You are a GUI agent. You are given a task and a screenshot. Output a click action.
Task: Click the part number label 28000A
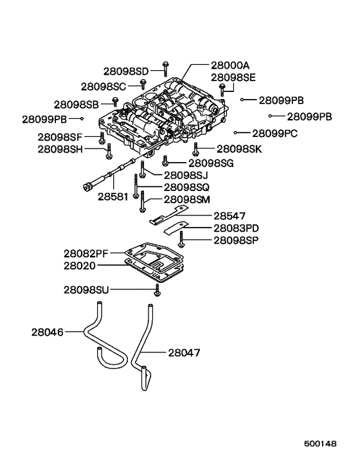(230, 66)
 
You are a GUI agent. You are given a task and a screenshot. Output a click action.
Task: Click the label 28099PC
(274, 133)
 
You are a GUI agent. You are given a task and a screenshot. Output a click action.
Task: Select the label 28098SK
(239, 149)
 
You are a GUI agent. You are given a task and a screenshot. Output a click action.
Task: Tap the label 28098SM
(187, 200)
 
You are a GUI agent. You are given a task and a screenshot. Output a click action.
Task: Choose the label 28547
(230, 216)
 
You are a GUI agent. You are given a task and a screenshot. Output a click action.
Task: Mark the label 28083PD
(237, 228)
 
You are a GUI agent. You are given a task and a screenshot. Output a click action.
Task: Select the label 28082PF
(89, 254)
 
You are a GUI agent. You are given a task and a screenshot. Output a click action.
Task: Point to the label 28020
(80, 265)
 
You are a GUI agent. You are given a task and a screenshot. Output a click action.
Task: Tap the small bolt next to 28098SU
(156, 293)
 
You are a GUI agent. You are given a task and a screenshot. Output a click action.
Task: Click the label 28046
(47, 332)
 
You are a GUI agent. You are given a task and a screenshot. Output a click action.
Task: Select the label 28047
(184, 352)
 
